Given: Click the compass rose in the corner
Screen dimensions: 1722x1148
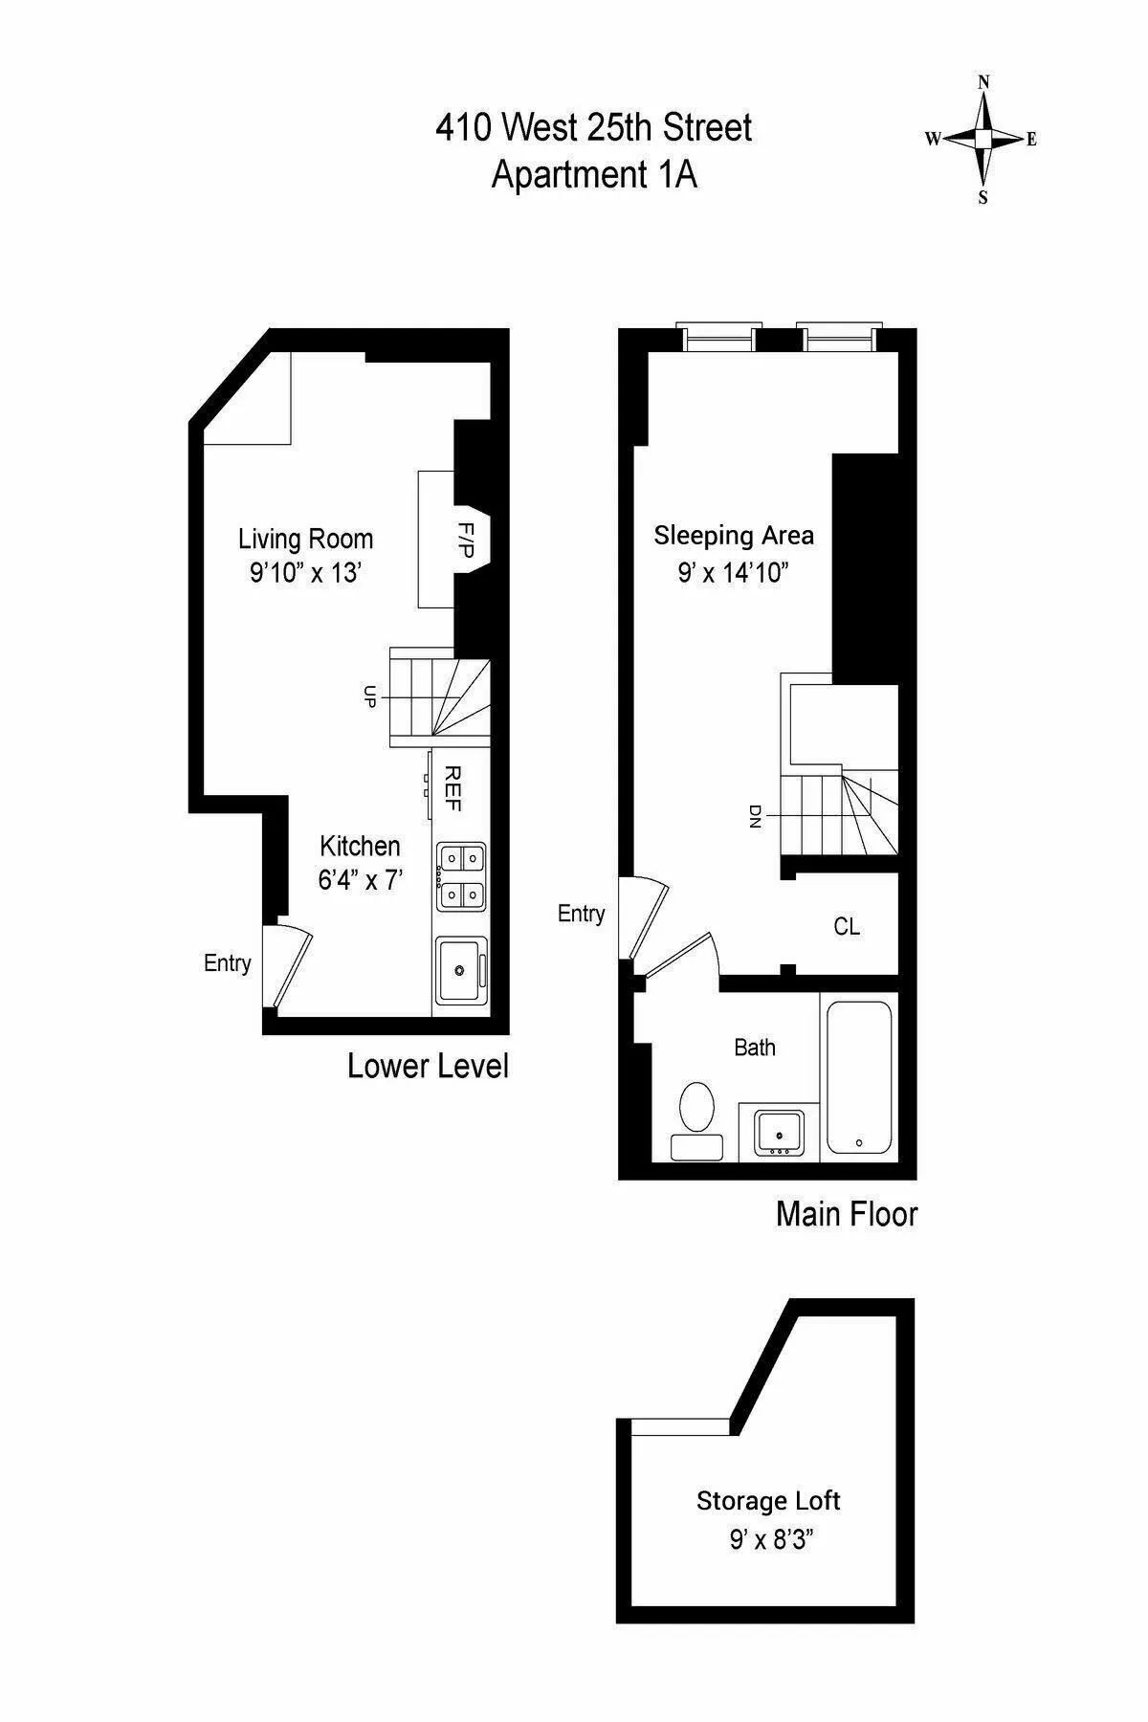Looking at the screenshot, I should (x=982, y=140).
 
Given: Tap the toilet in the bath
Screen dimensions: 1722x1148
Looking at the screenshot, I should (x=695, y=1118).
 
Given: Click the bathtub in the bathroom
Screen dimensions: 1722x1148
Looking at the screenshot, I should (x=859, y=1077).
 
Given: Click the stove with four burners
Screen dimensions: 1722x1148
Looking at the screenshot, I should (x=461, y=876).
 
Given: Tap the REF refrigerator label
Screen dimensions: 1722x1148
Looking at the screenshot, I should (x=453, y=789).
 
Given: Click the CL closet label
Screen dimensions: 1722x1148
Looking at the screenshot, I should (x=847, y=926).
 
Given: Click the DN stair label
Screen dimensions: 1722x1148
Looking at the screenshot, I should (x=756, y=815).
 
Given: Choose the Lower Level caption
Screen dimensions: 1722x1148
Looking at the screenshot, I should (x=428, y=1066).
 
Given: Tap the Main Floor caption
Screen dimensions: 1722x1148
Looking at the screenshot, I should (x=847, y=1214).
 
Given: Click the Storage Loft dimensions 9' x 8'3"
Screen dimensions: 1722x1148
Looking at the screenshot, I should (x=771, y=1541).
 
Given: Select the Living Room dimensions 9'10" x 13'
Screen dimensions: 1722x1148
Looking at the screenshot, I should (x=305, y=573).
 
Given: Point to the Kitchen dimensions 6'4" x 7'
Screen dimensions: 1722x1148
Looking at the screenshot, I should (x=360, y=879).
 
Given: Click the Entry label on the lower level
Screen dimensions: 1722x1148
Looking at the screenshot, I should (x=228, y=963).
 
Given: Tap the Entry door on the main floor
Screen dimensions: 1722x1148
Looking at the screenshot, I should (x=643, y=918).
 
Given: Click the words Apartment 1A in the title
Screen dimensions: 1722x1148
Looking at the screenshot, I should (x=594, y=175).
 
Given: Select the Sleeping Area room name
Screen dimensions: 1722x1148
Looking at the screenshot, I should (x=734, y=535).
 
